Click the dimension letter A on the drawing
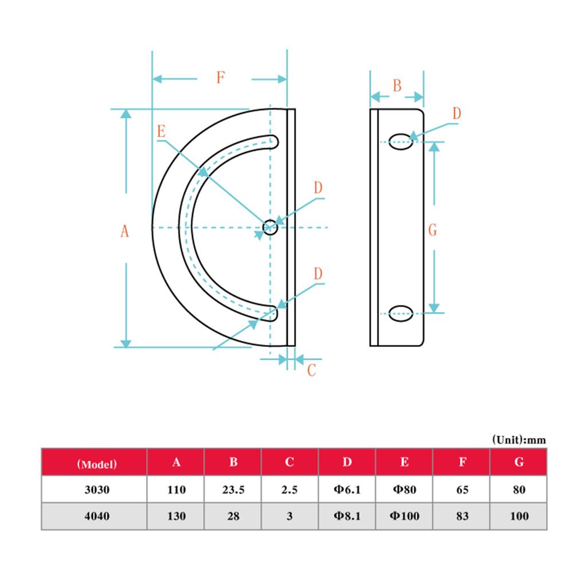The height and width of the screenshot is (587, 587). click(x=124, y=231)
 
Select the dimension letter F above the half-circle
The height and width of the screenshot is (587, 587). click(x=220, y=78)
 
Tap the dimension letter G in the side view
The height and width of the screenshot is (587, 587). click(x=433, y=230)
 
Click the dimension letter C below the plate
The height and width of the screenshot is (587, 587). click(x=311, y=370)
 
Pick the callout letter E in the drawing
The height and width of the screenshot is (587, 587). click(x=161, y=131)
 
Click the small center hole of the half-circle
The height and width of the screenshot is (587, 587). click(x=270, y=228)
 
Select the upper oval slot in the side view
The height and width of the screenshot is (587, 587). click(x=401, y=142)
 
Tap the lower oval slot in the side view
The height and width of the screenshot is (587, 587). click(x=401, y=314)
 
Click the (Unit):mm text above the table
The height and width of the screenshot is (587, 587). click(x=519, y=440)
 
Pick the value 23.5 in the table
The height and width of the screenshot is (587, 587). click(x=233, y=490)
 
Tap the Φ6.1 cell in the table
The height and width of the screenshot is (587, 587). click(x=347, y=490)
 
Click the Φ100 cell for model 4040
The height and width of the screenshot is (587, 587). click(x=405, y=516)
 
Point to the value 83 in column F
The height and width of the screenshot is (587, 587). click(x=462, y=516)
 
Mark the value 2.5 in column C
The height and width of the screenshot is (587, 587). click(x=289, y=490)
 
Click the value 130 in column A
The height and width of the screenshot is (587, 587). click(x=177, y=516)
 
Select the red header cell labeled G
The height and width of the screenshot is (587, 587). click(x=519, y=463)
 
